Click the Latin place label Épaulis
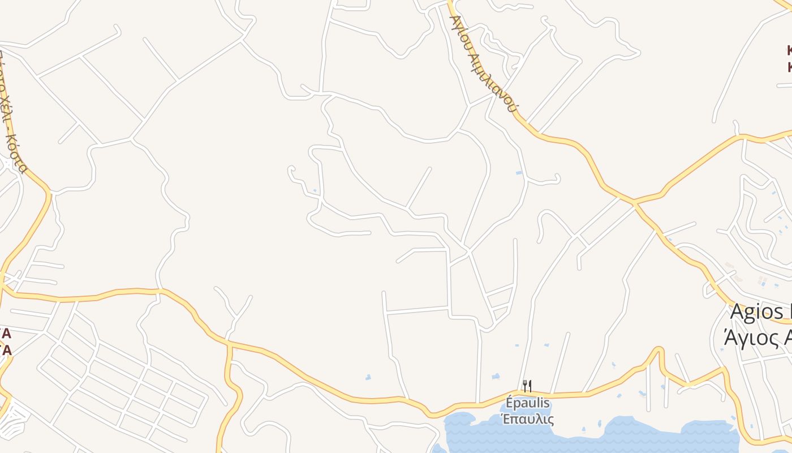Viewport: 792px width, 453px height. (528, 404)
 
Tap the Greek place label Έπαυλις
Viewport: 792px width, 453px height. (528, 420)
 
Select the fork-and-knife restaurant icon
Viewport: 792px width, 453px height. (527, 386)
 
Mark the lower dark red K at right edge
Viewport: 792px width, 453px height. (789, 67)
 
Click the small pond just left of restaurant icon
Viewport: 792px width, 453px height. (496, 376)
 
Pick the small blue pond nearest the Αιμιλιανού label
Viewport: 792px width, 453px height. (519, 172)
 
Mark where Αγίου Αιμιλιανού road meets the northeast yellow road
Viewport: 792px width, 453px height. (634, 202)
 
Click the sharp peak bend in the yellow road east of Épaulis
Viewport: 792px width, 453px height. (657, 349)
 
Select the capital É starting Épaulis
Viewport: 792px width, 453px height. (509, 403)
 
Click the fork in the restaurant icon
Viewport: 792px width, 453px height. (524, 386)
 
